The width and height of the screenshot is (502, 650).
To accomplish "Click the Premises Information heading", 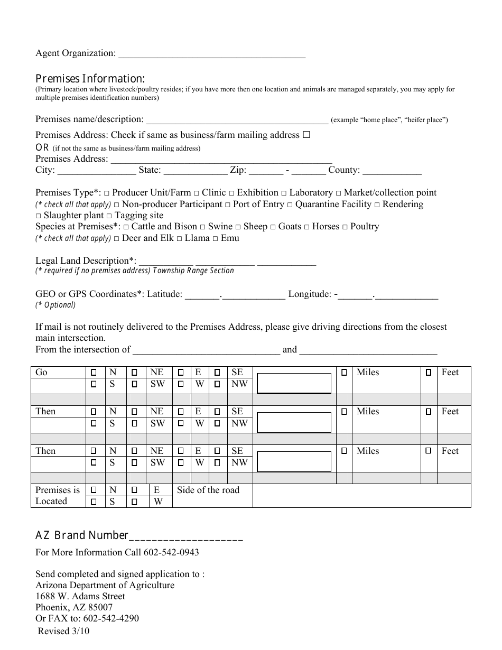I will coord(90,78).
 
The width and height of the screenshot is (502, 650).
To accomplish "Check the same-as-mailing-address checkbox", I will coord(306,135).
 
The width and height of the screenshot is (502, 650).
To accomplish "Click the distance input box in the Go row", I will coord(294,383).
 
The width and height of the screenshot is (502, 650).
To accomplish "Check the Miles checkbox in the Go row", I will coord(345,373).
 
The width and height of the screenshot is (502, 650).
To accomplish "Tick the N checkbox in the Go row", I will coord(94,373).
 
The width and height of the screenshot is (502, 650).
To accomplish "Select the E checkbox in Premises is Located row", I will coord(134,490).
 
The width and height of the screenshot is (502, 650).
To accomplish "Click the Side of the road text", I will coord(208,490).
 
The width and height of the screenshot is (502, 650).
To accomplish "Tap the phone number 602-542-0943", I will coord(171,552).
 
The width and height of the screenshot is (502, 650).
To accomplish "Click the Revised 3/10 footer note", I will coord(60,631).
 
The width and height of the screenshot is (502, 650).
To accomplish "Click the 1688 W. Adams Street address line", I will coord(80,596).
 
